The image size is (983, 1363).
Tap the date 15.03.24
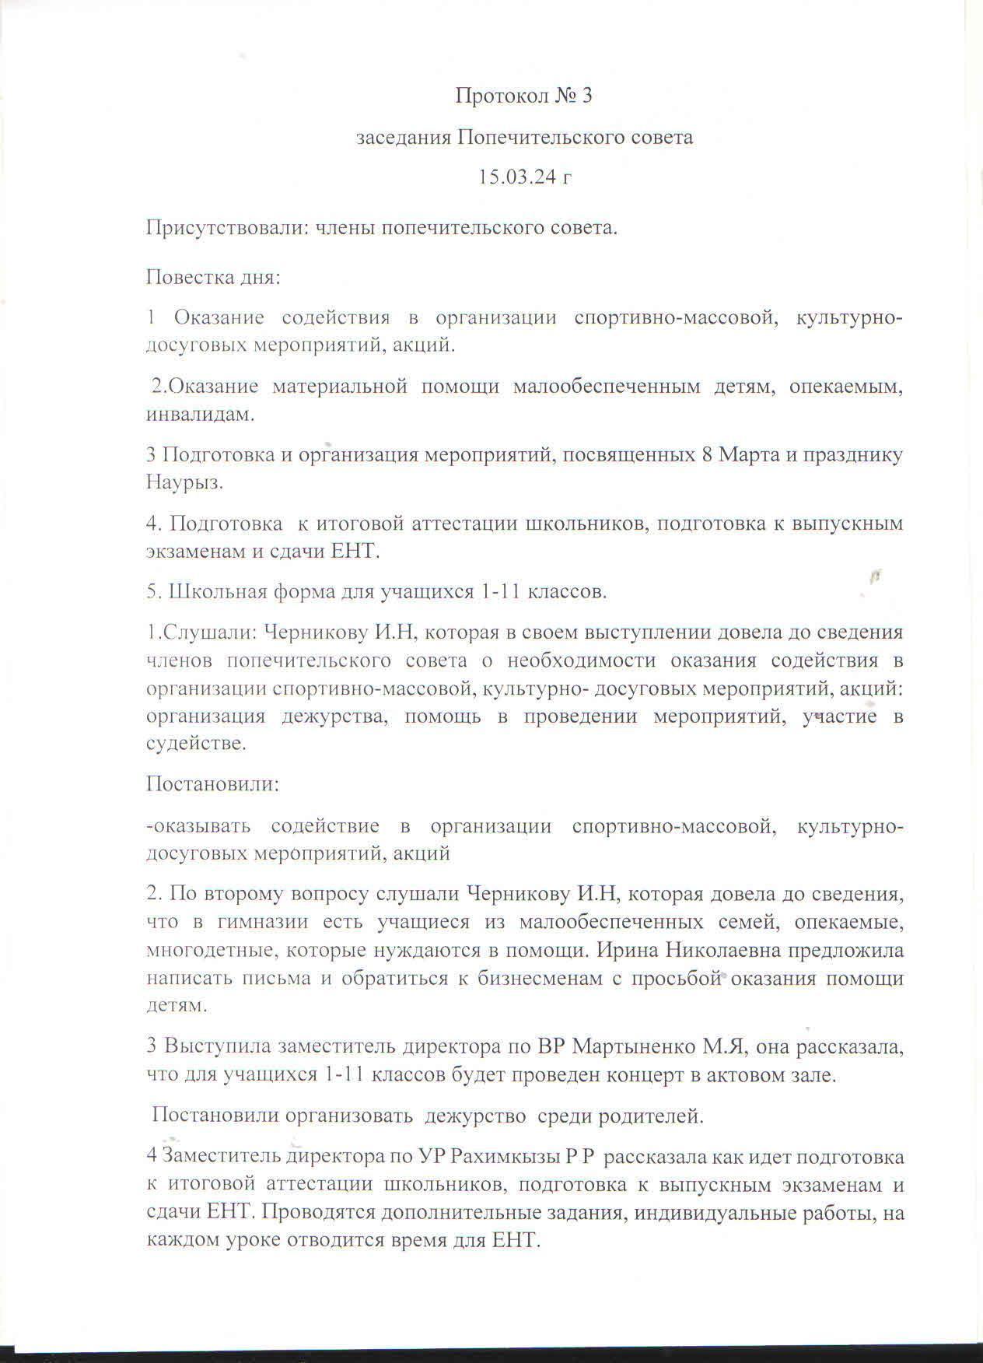click(516, 177)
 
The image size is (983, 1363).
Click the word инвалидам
click(200, 415)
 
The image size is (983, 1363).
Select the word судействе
click(196, 744)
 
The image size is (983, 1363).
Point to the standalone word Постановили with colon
click(213, 783)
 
